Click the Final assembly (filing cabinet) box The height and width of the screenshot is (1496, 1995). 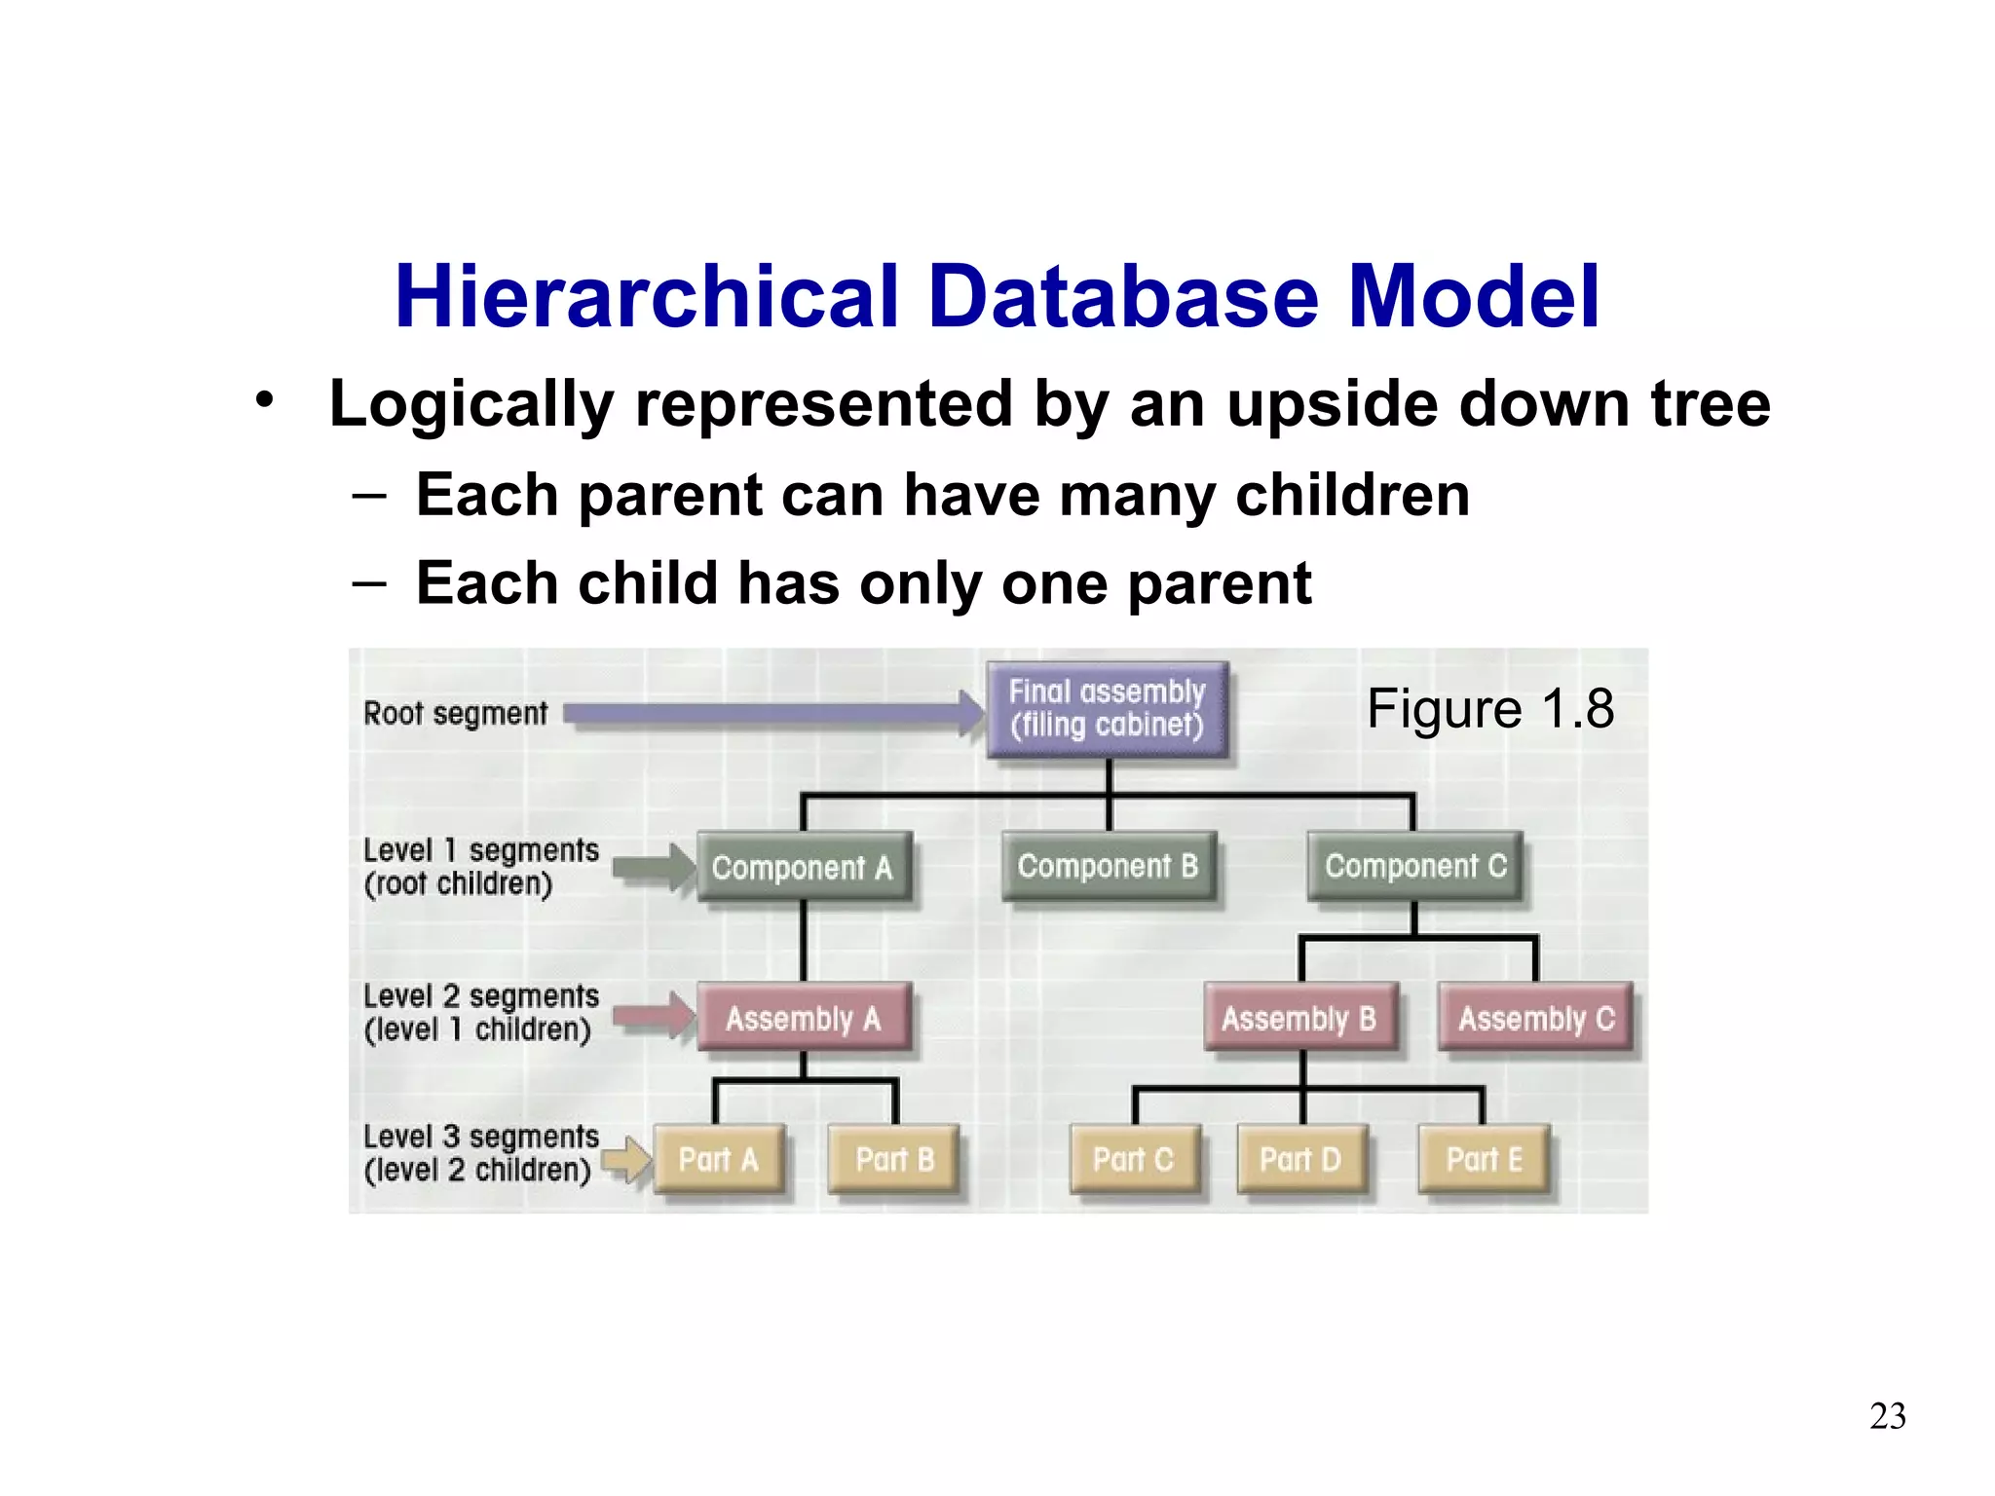(x=1107, y=709)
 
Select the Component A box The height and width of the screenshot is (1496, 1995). (x=804, y=867)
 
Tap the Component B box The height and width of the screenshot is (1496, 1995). (x=1109, y=866)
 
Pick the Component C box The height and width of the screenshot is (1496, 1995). (x=1414, y=866)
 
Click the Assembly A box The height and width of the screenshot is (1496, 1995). (x=804, y=1018)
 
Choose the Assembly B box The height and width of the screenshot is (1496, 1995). (x=1299, y=1018)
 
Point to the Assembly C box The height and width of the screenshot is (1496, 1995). (x=1536, y=1018)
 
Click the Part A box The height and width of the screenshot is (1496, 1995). (x=718, y=1159)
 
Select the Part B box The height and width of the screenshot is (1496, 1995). (x=894, y=1159)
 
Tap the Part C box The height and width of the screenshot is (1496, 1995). (x=1134, y=1159)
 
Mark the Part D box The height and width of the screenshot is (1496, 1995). (x=1300, y=1159)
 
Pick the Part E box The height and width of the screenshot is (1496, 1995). (x=1484, y=1159)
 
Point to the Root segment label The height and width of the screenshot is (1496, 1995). (x=455, y=714)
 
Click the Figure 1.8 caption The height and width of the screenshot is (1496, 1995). (x=1489, y=708)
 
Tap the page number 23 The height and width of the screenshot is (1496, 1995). (x=1887, y=1416)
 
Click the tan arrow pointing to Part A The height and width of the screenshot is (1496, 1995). (x=626, y=1159)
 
